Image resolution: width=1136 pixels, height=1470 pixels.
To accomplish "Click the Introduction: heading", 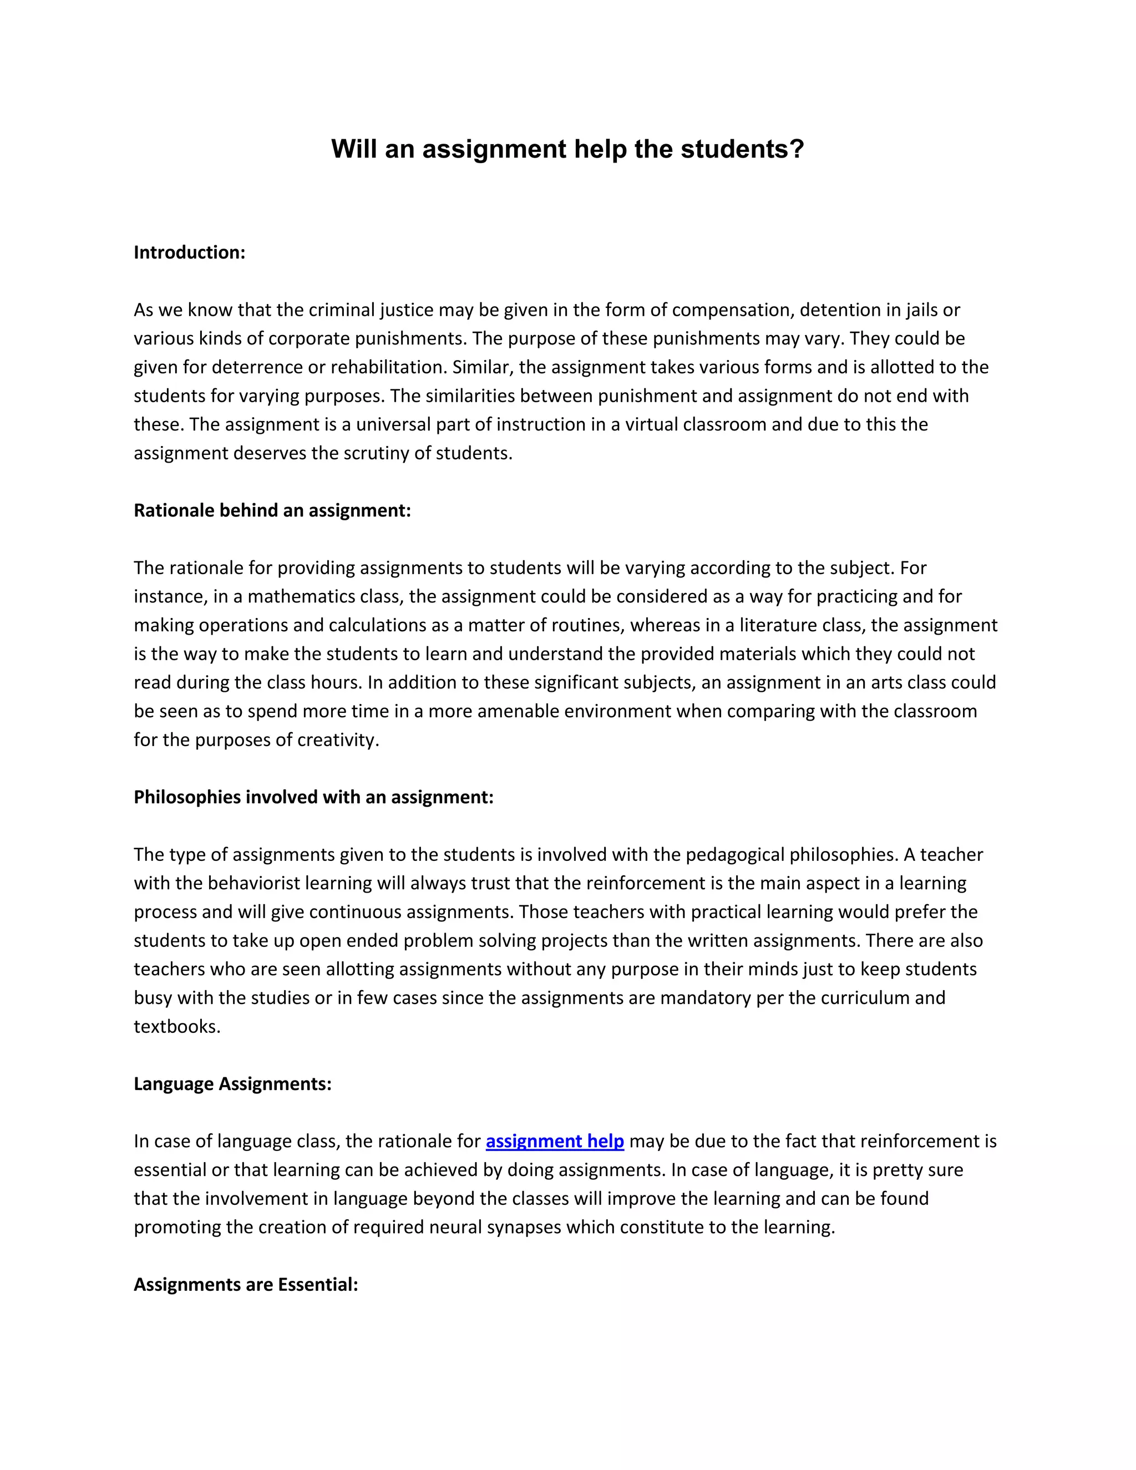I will [189, 252].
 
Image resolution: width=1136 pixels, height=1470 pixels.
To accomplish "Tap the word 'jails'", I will [925, 310].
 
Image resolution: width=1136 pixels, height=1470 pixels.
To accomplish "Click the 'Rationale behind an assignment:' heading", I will [272, 511].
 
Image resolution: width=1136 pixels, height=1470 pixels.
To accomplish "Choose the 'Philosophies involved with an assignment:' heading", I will [313, 798].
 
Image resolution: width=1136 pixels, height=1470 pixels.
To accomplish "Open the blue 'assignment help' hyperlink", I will [555, 1142].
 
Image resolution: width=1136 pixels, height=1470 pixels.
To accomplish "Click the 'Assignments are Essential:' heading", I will [246, 1284].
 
